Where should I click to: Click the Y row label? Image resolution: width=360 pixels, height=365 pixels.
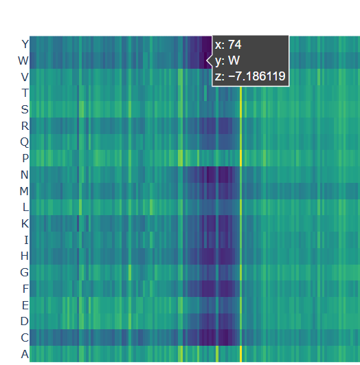(x=25, y=44)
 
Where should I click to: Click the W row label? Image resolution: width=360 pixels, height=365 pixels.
(x=23, y=60)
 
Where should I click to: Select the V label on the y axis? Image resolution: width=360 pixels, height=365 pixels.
(x=25, y=77)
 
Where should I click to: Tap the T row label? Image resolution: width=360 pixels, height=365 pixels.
(x=25, y=93)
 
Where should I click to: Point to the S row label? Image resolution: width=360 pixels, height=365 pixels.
(x=25, y=109)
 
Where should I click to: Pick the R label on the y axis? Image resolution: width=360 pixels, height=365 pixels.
(x=25, y=126)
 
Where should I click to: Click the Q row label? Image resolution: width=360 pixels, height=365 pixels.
(x=25, y=142)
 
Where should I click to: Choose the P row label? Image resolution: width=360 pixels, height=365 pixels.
(x=25, y=158)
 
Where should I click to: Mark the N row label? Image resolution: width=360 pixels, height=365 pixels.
(x=25, y=175)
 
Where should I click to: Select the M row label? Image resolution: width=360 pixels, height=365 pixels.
(x=24, y=191)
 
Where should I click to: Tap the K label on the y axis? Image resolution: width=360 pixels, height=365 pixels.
(x=25, y=223)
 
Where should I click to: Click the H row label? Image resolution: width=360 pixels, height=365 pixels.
(x=25, y=256)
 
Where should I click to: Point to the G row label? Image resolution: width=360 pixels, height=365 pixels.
(x=25, y=272)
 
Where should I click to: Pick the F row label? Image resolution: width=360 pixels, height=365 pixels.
(x=25, y=289)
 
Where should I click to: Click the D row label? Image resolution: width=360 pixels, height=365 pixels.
(x=25, y=321)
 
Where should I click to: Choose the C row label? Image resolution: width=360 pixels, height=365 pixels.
(x=25, y=338)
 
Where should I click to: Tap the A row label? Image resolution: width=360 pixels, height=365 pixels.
(x=25, y=354)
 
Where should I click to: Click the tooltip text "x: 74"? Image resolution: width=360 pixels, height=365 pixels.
(x=228, y=45)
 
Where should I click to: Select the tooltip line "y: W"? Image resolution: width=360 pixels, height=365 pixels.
(x=227, y=60)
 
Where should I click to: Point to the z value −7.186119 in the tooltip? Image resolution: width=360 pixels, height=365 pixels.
(x=257, y=76)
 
